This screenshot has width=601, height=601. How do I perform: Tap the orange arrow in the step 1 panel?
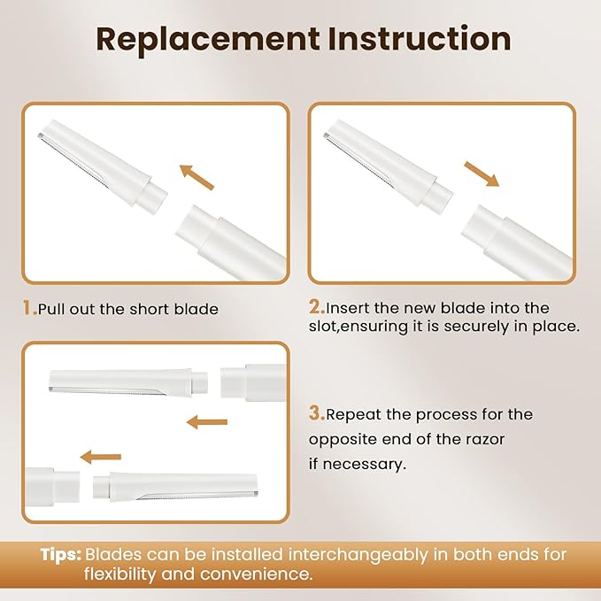(196, 176)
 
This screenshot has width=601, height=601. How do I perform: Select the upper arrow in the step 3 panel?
(207, 422)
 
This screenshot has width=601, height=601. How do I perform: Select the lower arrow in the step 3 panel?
(101, 457)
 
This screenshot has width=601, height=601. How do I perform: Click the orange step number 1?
(28, 309)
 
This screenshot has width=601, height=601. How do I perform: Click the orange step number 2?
(316, 308)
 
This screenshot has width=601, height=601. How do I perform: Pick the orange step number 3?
(316, 413)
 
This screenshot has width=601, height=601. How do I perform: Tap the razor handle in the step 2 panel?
(518, 239)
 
